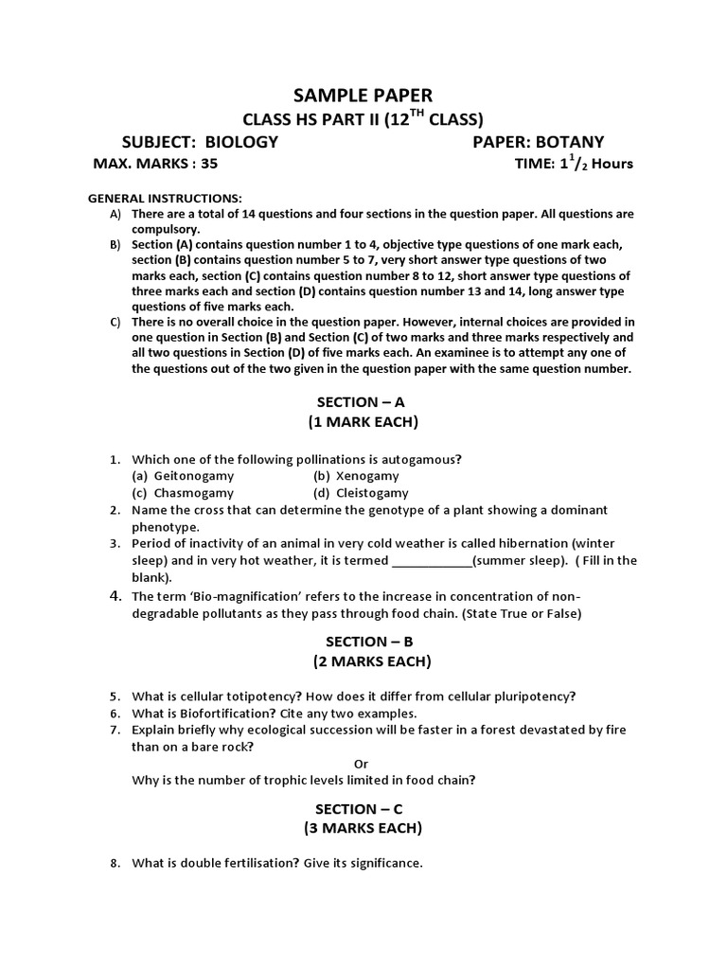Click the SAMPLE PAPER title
[x=363, y=95]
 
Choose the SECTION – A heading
[x=363, y=401]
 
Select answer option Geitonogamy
[x=189, y=476]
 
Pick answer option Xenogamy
[x=367, y=476]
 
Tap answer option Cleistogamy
[x=372, y=493]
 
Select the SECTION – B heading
[x=363, y=641]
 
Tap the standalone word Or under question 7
[x=363, y=763]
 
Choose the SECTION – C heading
[x=363, y=809]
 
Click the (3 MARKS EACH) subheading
[x=363, y=829]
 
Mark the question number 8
[x=114, y=863]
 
